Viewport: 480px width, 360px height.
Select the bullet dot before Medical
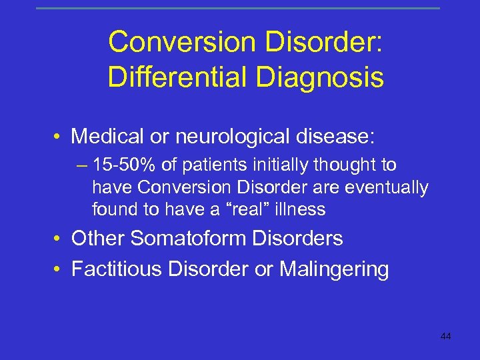pyautogui.click(x=60, y=138)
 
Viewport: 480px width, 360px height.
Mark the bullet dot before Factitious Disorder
pyautogui.click(x=60, y=270)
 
